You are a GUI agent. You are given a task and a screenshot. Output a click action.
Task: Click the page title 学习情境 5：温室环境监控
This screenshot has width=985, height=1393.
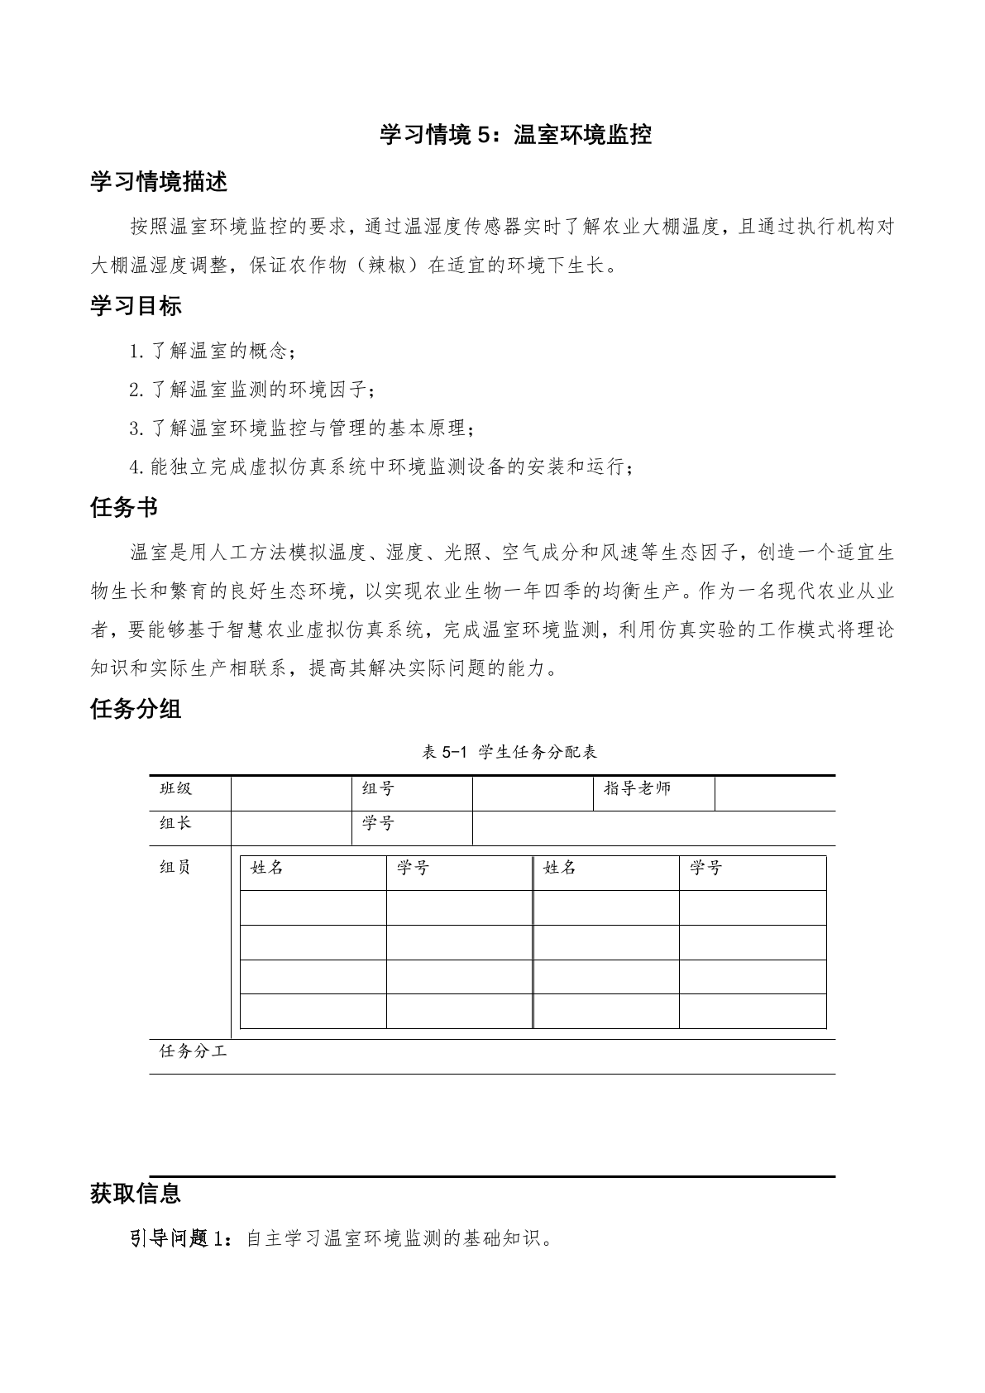coord(515,135)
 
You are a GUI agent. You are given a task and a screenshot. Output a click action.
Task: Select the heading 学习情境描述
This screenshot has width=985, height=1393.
coord(159,182)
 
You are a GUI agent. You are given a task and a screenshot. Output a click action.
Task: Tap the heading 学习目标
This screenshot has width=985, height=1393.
coord(136,306)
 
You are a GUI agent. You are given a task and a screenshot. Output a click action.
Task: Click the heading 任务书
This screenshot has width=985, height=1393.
coord(124,508)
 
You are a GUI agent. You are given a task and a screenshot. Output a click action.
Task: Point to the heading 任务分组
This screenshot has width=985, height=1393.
coord(136,709)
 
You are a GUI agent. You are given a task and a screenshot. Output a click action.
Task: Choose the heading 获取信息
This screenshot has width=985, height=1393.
coord(136,1194)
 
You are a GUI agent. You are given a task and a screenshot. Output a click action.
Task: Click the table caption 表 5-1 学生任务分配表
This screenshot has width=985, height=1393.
coord(509,752)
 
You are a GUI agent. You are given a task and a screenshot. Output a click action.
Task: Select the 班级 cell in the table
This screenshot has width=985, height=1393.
coord(175,789)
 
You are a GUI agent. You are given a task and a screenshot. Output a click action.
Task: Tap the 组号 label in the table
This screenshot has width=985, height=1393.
coord(378,789)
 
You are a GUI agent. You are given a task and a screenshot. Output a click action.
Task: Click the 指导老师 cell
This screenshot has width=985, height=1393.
coord(637,789)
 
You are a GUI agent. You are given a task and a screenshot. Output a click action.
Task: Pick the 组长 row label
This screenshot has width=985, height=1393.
coord(175,824)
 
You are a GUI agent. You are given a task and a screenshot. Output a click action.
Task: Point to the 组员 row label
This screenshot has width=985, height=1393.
coord(175,867)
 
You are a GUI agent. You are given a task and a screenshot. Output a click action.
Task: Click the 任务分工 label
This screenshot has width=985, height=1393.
coord(193,1052)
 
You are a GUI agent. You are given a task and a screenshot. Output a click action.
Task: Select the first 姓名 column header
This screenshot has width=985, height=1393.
coord(267,868)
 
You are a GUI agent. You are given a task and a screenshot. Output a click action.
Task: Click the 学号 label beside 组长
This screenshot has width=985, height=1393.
coord(378,824)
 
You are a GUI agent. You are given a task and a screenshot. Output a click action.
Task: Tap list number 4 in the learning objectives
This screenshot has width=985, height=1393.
coord(136,467)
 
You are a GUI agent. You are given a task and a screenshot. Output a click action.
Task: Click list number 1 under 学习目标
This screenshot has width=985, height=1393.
coord(136,352)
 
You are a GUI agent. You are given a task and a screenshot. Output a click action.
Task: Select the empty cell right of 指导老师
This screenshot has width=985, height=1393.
coord(774,793)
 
